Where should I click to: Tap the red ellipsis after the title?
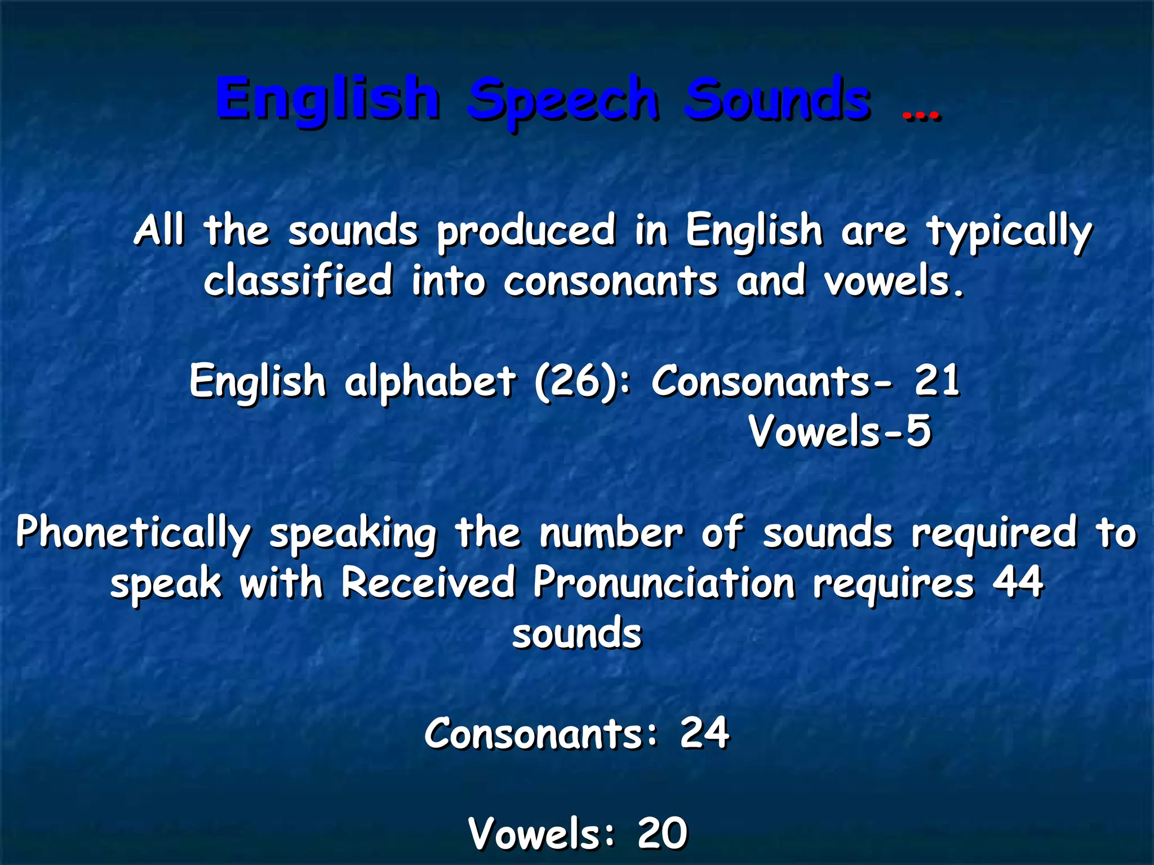coord(921,115)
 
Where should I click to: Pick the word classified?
coord(298,280)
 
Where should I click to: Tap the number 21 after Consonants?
coord(936,381)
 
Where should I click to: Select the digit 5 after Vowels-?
coord(918,431)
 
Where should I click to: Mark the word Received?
coord(428,582)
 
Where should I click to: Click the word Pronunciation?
coord(664,582)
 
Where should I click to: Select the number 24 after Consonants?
coord(704,733)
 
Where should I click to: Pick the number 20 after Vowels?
coord(662,833)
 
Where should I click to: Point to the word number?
coord(611,533)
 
